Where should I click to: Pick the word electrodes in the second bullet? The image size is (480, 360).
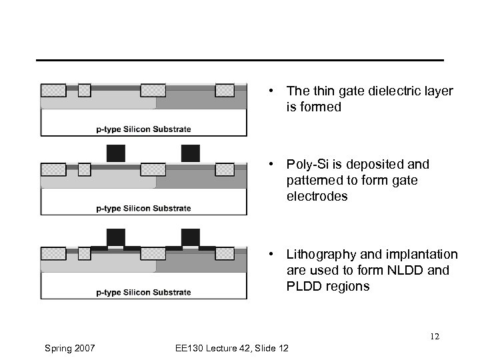tap(317, 196)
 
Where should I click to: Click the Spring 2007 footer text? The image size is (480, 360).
tap(71, 348)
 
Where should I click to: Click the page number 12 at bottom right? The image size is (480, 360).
tap(434, 337)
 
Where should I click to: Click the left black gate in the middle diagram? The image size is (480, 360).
tap(116, 153)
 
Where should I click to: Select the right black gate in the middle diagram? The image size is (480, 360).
tap(191, 153)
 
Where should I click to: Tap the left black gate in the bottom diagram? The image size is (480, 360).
tap(116, 237)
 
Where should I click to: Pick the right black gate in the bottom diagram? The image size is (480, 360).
tap(191, 237)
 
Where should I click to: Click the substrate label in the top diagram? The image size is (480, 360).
tap(143, 129)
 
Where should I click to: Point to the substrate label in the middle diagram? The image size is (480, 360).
tap(143, 208)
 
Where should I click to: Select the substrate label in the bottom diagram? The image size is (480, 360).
tap(143, 292)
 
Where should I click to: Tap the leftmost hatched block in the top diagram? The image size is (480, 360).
tap(53, 90)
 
